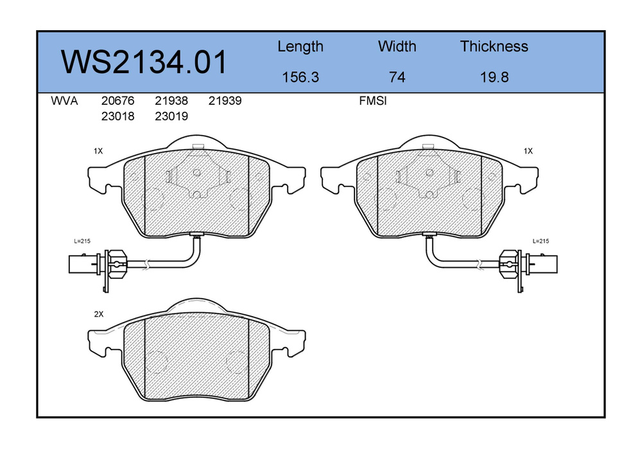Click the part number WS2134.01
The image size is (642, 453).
[143, 62]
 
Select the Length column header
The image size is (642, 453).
[300, 47]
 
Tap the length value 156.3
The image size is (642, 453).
[300, 77]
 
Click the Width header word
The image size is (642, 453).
[397, 46]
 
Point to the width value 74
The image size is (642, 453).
[397, 77]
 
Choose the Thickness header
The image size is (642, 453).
[494, 46]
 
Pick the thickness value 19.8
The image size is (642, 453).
[494, 77]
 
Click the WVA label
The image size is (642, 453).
[64, 101]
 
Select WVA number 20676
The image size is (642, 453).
[117, 101]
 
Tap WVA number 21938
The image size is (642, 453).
[171, 101]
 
